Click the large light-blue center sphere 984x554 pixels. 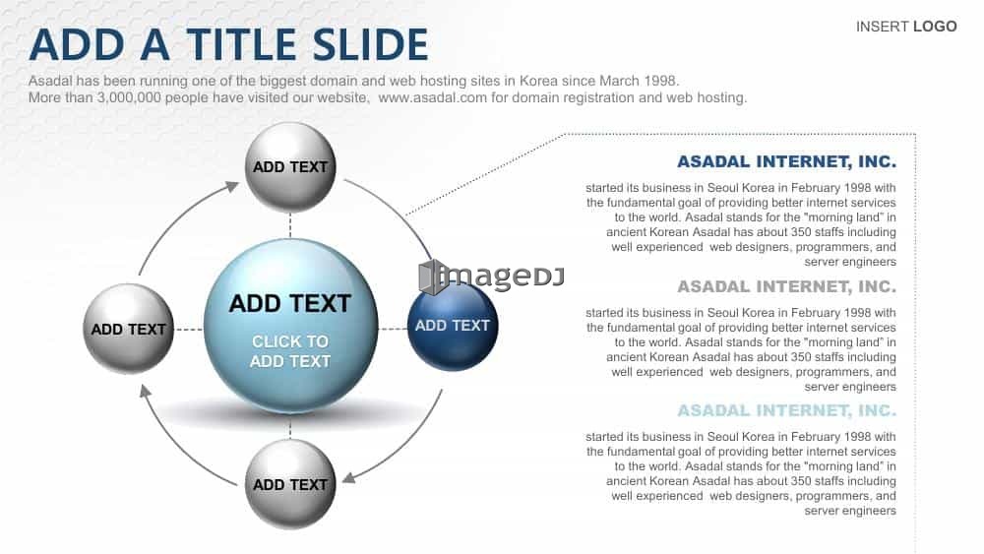pyautogui.click(x=290, y=326)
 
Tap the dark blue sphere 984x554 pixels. pyautogui.click(x=453, y=326)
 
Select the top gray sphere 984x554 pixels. pyautogui.click(x=290, y=167)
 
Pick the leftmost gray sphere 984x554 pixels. pyautogui.click(x=129, y=329)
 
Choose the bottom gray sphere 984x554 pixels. pyautogui.click(x=290, y=484)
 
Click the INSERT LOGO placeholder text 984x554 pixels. pyautogui.click(x=906, y=27)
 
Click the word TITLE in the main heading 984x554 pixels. pyautogui.click(x=242, y=44)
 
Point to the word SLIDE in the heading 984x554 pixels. pyautogui.click(x=370, y=44)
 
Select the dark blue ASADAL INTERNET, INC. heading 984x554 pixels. pyautogui.click(x=786, y=162)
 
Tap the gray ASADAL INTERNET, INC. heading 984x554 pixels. pyautogui.click(x=786, y=286)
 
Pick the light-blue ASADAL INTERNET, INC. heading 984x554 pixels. pyautogui.click(x=786, y=410)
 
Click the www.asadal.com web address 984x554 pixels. pyautogui.click(x=432, y=97)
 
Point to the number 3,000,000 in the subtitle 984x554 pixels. pyautogui.click(x=129, y=97)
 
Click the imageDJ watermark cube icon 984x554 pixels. pyautogui.click(x=432, y=277)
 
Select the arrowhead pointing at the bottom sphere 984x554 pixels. pyautogui.click(x=349, y=477)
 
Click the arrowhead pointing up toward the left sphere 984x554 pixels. pyautogui.click(x=145, y=391)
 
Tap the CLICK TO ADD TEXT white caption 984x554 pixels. pyautogui.click(x=290, y=351)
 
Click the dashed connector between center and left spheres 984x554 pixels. pyautogui.click(x=189, y=329)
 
